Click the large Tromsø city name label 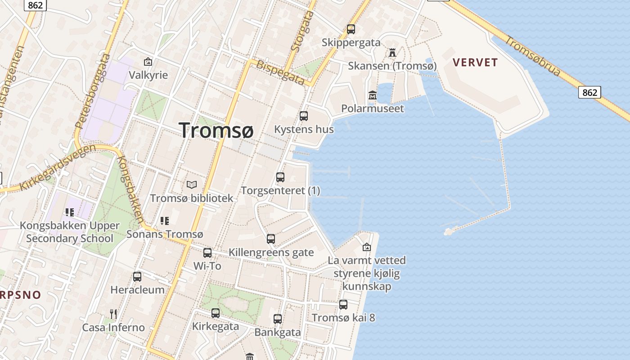[216, 130]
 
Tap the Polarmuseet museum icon [373, 95]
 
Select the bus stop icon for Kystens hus [304, 116]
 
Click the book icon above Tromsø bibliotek [192, 184]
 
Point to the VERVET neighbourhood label [475, 63]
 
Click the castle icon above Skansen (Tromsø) [392, 53]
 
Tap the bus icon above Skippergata [351, 29]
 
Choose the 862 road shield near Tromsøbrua [589, 93]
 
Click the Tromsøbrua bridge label [533, 56]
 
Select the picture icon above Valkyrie [148, 62]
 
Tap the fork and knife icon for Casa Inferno [113, 314]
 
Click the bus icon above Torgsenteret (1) [280, 177]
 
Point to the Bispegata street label [280, 72]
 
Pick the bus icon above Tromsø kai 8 [343, 305]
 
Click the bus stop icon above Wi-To [207, 253]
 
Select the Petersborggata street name [93, 92]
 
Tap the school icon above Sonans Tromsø [165, 221]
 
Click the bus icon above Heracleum [137, 277]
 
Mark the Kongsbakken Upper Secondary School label [70, 232]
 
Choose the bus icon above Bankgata [278, 319]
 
